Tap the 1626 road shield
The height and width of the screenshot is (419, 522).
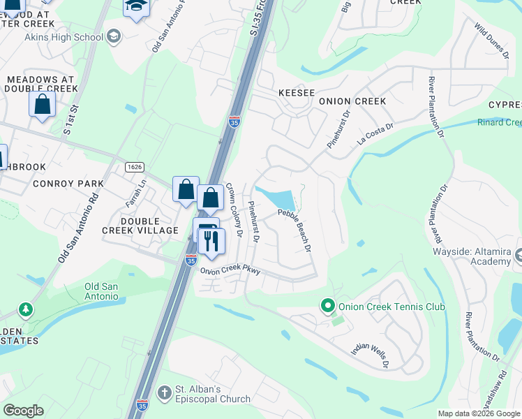point(135,167)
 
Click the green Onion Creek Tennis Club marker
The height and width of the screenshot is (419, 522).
point(326,306)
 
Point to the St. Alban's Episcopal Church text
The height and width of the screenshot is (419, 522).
point(212,393)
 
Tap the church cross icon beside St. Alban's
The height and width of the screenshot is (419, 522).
point(165,392)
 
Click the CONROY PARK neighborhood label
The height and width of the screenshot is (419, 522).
point(68,184)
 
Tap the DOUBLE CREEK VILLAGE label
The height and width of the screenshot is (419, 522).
point(149,226)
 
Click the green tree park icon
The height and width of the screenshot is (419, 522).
point(26,309)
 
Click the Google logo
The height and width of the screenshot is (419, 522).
point(23,411)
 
